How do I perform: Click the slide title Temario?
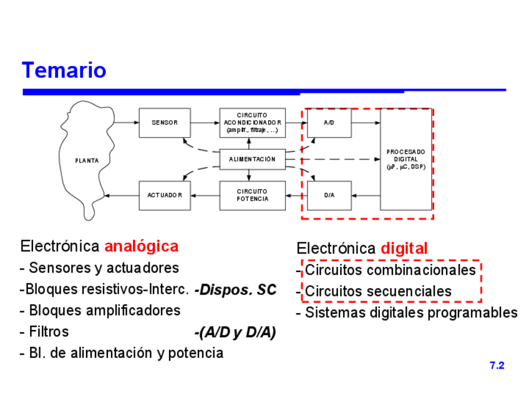(x=64, y=70)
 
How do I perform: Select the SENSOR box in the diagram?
(x=165, y=123)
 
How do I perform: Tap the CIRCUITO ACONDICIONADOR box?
(x=252, y=123)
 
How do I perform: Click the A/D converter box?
(x=329, y=123)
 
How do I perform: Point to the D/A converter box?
(x=329, y=195)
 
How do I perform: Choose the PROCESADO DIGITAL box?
(x=405, y=159)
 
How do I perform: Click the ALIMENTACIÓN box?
(x=252, y=159)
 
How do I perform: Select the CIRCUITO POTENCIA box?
(x=252, y=195)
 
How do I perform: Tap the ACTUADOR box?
(x=165, y=195)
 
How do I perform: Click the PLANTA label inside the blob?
(x=87, y=161)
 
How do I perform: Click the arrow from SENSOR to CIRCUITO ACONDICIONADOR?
(x=205, y=123)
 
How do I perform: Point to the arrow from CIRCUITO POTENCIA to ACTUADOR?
(x=205, y=195)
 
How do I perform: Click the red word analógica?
(x=141, y=246)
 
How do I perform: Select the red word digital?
(x=404, y=248)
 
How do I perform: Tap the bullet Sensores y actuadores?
(x=104, y=268)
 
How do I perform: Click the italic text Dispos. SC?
(x=235, y=290)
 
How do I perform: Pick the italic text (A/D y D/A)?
(x=235, y=333)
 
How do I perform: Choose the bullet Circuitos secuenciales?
(x=378, y=291)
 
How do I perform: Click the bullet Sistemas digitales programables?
(x=411, y=313)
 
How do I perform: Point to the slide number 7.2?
(x=497, y=366)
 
